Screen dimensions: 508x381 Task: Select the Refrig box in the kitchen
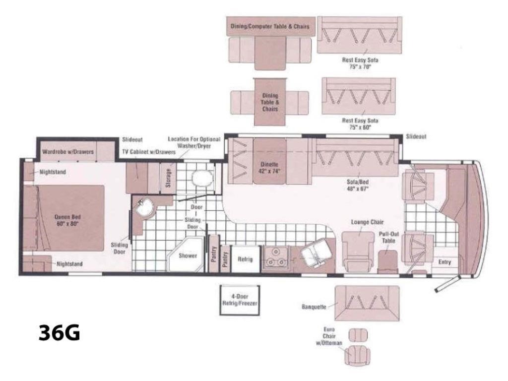point(245,259)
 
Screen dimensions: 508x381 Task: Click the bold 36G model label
point(60,332)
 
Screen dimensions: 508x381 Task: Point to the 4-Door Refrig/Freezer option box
point(240,300)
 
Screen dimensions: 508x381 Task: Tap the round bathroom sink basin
point(144,208)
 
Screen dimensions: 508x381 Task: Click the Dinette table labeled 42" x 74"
point(269,161)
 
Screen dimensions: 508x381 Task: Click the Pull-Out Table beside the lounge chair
point(388,261)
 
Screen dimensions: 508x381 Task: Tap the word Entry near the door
point(444,262)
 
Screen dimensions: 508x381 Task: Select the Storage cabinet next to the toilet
point(168,178)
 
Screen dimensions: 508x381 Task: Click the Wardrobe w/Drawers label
point(68,152)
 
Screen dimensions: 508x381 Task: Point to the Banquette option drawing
point(367,303)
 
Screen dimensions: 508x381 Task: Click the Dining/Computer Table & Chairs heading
point(270,26)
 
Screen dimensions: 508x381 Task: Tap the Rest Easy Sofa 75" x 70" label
point(360,63)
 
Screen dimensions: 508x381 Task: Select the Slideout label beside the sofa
point(416,136)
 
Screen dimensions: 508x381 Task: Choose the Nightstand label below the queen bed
point(69,264)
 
